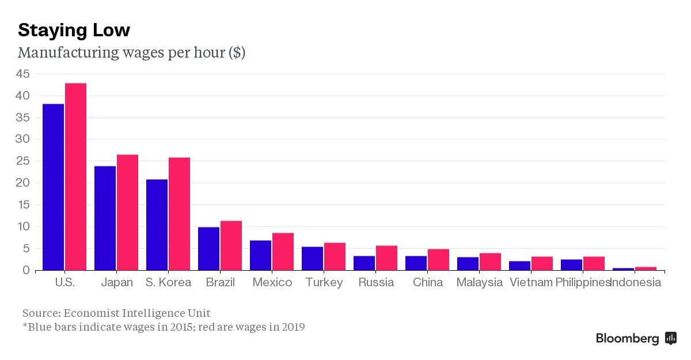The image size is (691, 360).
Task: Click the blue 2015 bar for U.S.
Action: coord(53,187)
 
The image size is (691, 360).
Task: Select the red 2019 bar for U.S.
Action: coord(75,177)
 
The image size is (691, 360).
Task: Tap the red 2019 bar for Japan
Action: coord(127,213)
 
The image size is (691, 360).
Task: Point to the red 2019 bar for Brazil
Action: coord(231,246)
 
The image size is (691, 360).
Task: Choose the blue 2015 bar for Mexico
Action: coord(260,256)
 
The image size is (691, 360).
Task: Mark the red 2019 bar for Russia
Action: coord(386,258)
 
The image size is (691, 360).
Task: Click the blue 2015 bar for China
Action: coord(416,263)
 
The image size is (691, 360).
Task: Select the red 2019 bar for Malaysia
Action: coord(490,262)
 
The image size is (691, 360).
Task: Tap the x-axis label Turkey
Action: coord(324,282)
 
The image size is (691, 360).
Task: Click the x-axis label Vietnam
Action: coord(531,282)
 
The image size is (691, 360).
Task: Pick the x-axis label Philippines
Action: coord(582,282)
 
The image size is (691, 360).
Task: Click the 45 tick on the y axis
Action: coord(23,74)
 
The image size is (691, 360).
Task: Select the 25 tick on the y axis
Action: coord(23,161)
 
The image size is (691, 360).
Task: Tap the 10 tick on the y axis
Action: coord(23,226)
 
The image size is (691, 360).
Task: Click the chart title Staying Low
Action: coord(74,30)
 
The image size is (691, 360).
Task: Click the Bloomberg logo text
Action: coord(627,339)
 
